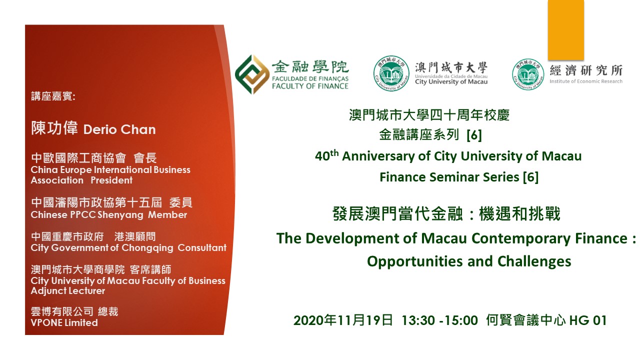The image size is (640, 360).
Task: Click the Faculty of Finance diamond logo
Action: pos(252,74)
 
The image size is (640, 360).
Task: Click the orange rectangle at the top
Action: pos(565,30)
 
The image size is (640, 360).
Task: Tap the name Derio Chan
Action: pos(119,129)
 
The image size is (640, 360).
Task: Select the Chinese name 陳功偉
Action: pos(54,127)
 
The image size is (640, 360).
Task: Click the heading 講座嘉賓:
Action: pos(53,96)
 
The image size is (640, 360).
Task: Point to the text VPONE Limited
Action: pos(64,322)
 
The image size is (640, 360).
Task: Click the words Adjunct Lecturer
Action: pos(68,291)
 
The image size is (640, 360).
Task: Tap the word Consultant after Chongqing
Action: pos(202,247)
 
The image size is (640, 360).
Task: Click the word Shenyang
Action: pos(120,215)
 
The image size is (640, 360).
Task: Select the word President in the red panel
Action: pos(111,180)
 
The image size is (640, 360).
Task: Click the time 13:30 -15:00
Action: pos(439,320)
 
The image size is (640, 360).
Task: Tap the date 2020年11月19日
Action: pos(343,320)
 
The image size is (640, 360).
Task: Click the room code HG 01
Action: pos(587,320)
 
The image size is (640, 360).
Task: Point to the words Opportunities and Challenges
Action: pos(469,261)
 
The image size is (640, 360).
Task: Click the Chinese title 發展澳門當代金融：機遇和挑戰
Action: pos(446,213)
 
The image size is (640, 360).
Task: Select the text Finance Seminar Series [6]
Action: pos(459,177)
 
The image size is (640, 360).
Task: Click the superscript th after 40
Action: pos(334,153)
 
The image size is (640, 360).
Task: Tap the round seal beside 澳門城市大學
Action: pos(391,73)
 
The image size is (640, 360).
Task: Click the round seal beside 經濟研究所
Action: pos(528,74)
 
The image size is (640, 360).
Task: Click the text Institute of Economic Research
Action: pos(586,81)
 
